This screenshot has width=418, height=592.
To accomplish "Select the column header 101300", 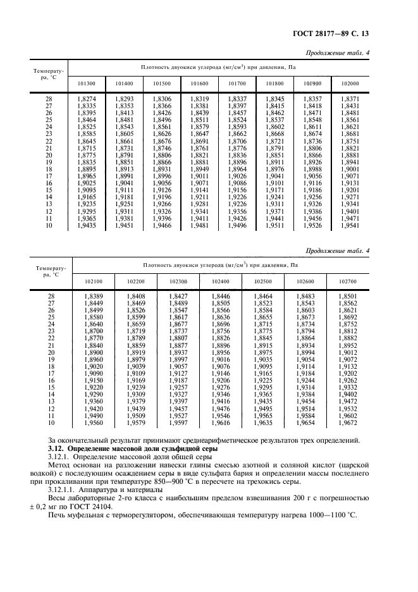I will point(87,83).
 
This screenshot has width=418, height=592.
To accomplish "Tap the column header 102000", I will point(349,83).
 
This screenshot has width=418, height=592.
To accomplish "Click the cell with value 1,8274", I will point(87,99).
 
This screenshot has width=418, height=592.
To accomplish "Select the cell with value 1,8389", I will point(94,297).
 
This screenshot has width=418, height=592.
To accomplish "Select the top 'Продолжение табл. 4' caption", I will point(337,53).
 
